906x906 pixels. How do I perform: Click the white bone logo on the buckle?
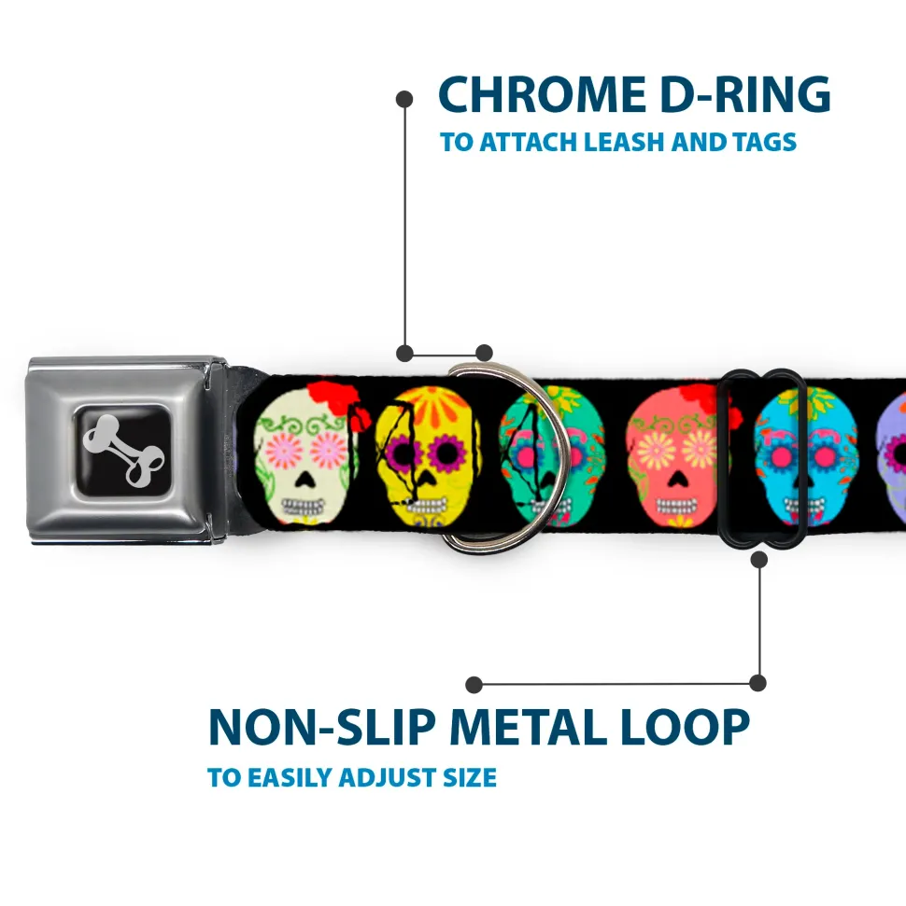tap(123, 451)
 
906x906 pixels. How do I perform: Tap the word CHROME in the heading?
tap(542, 94)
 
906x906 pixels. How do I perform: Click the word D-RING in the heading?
tap(745, 94)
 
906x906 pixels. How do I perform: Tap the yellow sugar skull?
tap(428, 456)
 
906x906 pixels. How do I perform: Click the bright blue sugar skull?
tap(805, 456)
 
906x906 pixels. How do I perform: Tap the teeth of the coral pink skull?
tap(675, 507)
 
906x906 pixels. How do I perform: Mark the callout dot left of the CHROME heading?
tap(404, 100)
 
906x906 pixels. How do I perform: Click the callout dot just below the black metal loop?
tap(758, 559)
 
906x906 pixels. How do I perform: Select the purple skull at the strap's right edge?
tap(892, 456)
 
